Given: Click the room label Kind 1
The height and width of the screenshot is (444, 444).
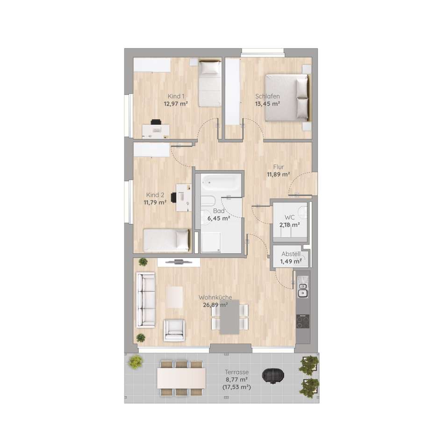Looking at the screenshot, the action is (176, 96).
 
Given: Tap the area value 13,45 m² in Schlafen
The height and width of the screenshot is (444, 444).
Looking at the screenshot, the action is (268, 104).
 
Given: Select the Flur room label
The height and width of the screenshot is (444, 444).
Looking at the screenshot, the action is (279, 167).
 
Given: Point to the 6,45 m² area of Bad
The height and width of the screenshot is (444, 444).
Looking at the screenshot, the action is (219, 219).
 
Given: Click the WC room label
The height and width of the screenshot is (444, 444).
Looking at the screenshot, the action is (289, 217).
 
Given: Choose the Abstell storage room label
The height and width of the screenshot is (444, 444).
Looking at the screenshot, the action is (291, 254).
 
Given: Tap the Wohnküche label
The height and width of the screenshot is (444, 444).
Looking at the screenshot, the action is (215, 298).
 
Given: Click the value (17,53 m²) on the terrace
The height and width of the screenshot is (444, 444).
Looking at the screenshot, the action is (236, 387).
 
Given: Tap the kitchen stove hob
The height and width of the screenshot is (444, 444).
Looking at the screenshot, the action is (303, 322).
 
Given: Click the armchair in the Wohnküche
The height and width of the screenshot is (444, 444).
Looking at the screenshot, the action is (174, 330).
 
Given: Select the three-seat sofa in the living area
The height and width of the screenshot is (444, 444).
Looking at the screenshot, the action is (145, 300).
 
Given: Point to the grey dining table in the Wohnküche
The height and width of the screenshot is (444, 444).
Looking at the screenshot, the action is (229, 317).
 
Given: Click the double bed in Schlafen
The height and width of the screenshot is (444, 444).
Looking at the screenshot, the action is (287, 98).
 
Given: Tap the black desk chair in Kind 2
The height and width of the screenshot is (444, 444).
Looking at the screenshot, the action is (174, 197).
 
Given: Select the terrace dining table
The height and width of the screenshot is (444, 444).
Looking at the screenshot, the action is (181, 378).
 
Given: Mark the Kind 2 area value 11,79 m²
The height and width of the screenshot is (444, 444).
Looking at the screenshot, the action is (155, 203).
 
